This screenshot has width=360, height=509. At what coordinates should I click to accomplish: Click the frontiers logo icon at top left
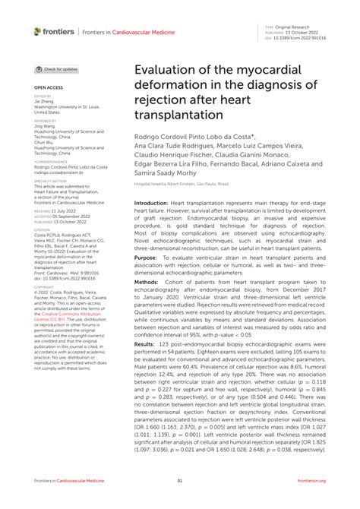(x=37, y=31)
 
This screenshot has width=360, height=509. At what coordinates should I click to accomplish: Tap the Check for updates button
(x=57, y=69)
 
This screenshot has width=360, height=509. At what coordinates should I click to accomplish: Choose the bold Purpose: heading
(x=146, y=258)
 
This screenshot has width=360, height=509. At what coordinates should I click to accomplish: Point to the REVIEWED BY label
(x=45, y=121)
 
